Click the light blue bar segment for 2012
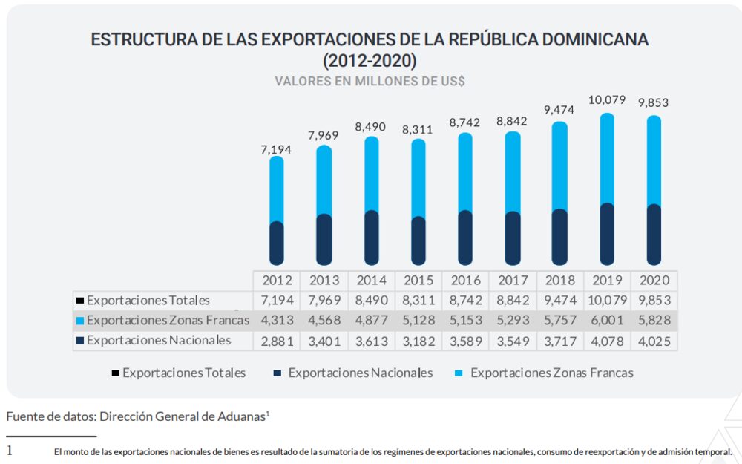point(277,189)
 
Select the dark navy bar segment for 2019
point(607,234)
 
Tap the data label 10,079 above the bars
point(607,99)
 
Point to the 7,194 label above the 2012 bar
point(276,149)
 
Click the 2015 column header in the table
point(418,281)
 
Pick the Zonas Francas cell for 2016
point(465,321)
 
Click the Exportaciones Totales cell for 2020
point(654,301)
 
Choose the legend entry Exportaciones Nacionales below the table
point(360,373)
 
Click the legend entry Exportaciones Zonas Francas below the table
point(551,373)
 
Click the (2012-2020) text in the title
point(370,60)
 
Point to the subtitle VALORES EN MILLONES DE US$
point(370,81)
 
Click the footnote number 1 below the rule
point(10,451)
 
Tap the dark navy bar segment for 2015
point(418,241)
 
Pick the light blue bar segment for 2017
point(513,172)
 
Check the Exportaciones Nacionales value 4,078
point(607,341)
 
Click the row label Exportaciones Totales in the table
point(148,301)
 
